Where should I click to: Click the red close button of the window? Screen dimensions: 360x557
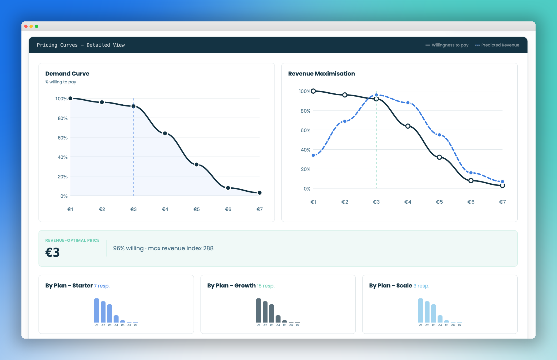[26, 26]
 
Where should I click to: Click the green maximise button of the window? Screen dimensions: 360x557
[37, 26]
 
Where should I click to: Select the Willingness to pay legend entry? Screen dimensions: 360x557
[447, 45]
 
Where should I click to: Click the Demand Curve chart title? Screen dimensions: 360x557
[67, 74]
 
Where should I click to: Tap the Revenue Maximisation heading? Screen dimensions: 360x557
[321, 74]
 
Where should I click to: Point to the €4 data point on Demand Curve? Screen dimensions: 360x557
[165, 133]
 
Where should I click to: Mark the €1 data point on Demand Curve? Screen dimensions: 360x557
[70, 98]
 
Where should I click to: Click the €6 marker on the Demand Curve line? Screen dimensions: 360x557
[228, 188]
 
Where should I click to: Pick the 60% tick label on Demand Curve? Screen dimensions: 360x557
[63, 138]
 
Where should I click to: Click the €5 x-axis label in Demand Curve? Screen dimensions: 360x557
[197, 209]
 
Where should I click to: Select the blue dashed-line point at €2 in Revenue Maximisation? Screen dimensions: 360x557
[345, 121]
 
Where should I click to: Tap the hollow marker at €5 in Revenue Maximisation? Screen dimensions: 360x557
[439, 157]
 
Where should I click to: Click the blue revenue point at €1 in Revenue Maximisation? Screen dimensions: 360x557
[313, 155]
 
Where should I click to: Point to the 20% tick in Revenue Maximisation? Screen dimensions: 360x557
[306, 169]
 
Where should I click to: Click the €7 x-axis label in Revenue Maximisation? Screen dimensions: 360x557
[502, 202]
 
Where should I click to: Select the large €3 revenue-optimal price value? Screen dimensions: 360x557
[52, 252]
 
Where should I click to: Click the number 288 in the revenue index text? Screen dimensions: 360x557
[208, 248]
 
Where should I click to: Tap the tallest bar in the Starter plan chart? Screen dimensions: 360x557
[97, 310]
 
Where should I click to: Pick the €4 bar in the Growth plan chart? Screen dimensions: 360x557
[278, 319]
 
